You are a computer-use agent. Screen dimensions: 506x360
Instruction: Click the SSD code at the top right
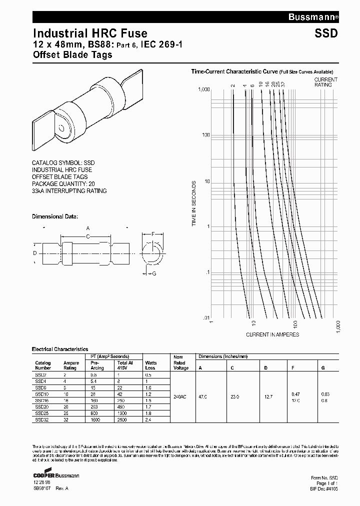326,34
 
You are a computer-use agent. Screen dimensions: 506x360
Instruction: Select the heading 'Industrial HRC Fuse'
90,33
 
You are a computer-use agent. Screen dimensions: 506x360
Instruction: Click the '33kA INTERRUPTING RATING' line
69,191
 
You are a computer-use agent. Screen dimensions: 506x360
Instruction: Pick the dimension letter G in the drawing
154,273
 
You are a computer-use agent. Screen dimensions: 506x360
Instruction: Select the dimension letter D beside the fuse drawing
35,253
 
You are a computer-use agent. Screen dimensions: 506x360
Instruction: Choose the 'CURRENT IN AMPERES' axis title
272,334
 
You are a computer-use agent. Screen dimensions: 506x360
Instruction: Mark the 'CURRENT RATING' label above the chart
325,82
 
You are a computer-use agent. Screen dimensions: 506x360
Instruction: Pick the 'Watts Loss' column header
150,365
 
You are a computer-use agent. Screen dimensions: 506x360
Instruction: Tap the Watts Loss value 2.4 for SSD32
148,420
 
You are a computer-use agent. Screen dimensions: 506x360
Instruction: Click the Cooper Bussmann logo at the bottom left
55,475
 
